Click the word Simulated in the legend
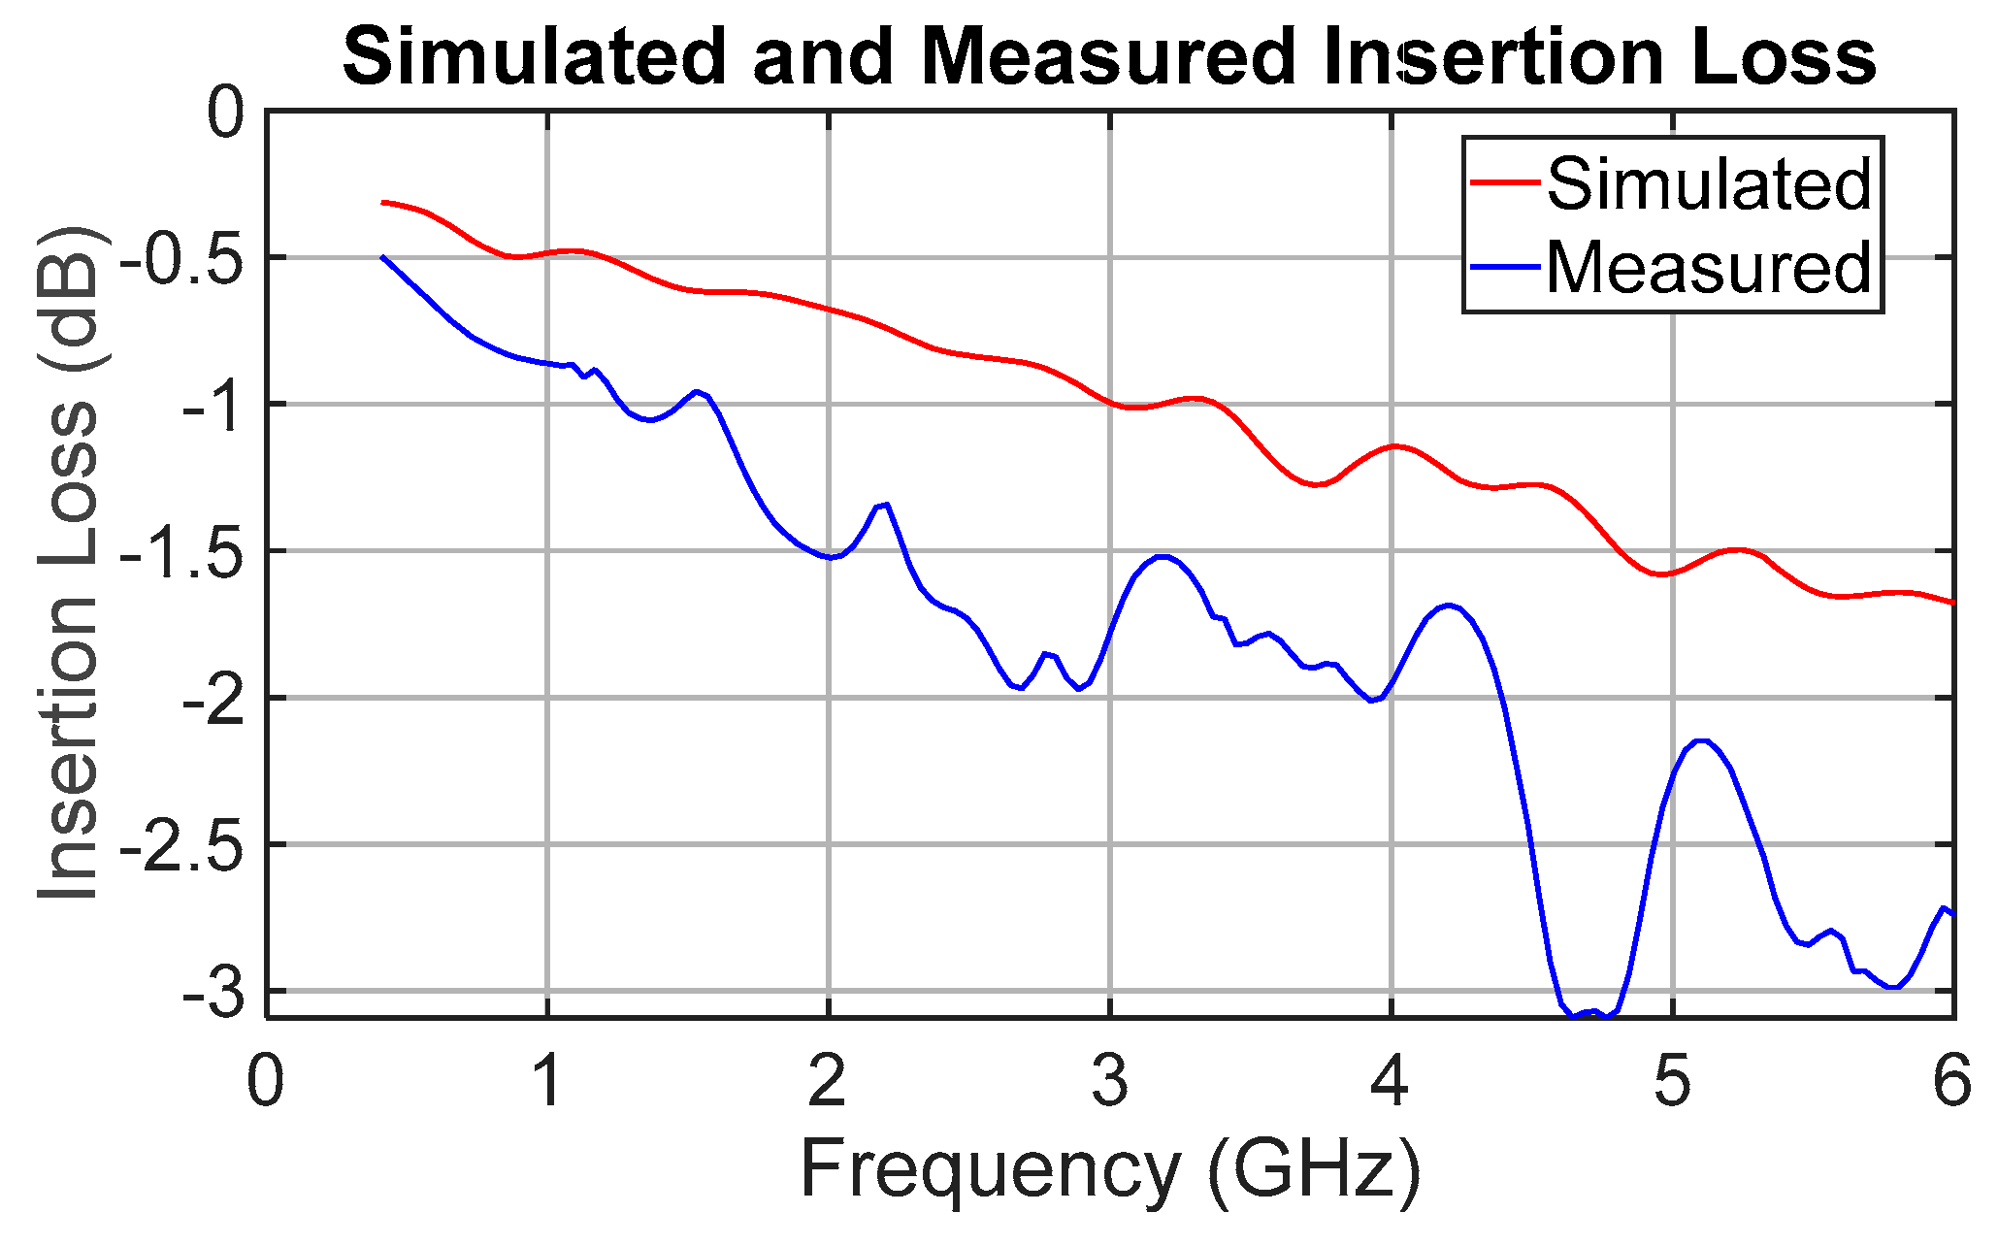1708,183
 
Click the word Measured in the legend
1708,267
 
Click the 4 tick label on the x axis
1391,1082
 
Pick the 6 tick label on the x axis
1951,1082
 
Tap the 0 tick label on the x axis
266,1082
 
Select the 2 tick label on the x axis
828,1082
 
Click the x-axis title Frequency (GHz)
1109,1170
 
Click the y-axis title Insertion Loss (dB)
68,563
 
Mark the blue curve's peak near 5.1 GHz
1700,741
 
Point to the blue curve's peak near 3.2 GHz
1163,557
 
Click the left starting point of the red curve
383,202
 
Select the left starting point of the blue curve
382,257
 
